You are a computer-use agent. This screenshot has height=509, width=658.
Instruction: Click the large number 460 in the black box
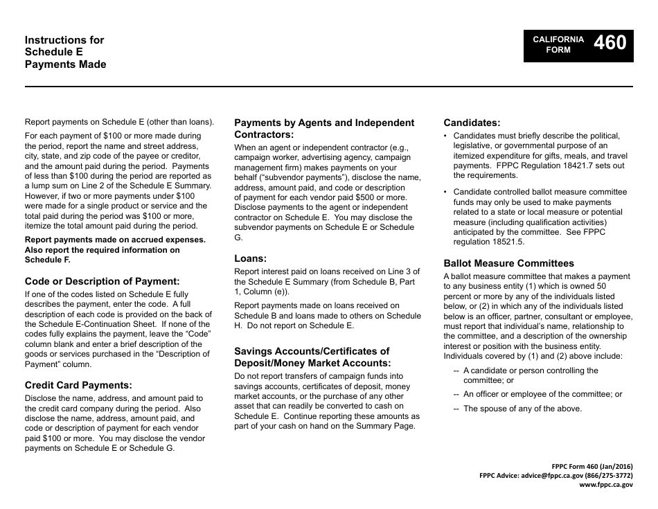pos(610,44)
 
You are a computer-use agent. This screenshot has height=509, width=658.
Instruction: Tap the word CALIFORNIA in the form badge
pos(558,39)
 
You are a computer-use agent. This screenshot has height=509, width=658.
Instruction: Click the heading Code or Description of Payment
pos(102,281)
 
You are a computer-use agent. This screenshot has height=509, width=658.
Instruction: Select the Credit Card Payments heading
pos(78,385)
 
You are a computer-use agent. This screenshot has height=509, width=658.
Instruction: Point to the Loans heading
pos(251,258)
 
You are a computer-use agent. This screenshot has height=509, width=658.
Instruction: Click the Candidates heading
pos(472,123)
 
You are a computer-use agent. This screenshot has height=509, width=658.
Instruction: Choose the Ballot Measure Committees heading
pos(508,263)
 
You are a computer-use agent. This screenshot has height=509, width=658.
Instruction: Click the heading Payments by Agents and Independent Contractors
pos(324,128)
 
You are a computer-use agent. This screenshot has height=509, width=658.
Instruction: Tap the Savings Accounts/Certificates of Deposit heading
pos(312,357)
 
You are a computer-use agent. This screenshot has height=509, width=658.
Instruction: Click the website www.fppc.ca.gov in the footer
pos(605,485)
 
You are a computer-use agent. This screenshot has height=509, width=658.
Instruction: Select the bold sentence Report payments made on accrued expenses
pos(115,240)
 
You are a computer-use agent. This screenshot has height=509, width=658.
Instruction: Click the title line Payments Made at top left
pos(66,64)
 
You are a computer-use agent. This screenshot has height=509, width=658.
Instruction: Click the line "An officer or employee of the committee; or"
pos(542,394)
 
